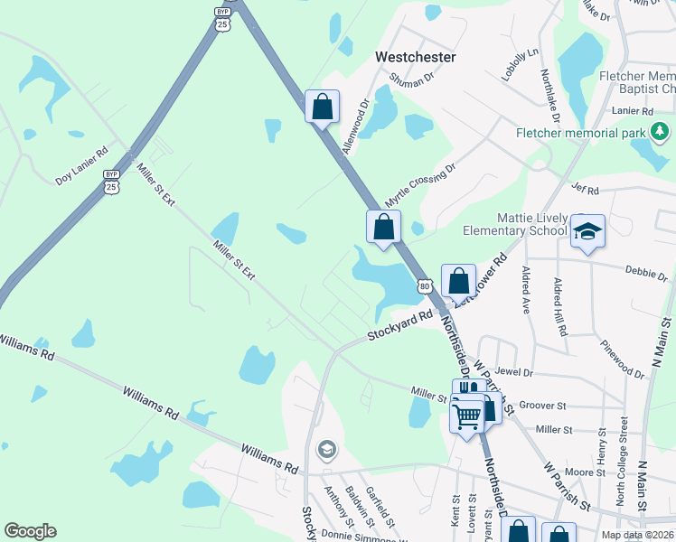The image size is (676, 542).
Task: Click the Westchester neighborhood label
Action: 415,57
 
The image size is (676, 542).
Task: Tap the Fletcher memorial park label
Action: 580,133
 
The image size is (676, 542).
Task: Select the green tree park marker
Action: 660,133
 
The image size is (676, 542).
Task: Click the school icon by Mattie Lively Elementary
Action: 587,232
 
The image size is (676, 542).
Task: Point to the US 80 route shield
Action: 424,286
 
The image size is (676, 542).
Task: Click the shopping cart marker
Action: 466,417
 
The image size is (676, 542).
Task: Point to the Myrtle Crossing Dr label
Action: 420,184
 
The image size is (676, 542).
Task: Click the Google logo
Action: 30,530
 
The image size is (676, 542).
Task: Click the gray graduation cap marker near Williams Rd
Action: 326,449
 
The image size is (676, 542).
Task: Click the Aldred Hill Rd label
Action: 560,307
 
